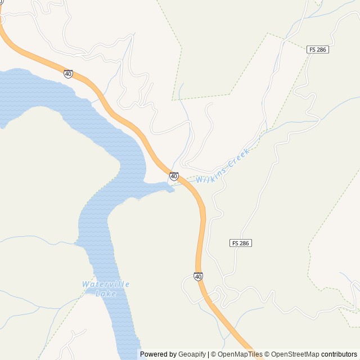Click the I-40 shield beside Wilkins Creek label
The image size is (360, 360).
point(174,176)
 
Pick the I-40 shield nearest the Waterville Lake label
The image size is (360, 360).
point(198,276)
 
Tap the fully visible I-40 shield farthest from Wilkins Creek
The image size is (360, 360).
point(68,74)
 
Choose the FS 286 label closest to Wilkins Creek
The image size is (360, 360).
point(241,243)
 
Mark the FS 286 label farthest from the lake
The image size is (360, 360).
point(318,50)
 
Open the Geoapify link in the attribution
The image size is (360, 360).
point(192,354)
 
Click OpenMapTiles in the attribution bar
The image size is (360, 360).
point(240,354)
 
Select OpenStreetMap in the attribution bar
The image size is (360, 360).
point(295,354)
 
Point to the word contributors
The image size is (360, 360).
point(339,354)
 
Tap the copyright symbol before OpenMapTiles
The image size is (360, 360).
point(213,354)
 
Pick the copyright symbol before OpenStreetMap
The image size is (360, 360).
point(267,354)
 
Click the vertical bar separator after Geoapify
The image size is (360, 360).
point(208,354)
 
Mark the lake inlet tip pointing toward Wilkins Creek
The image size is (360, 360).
point(173,190)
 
